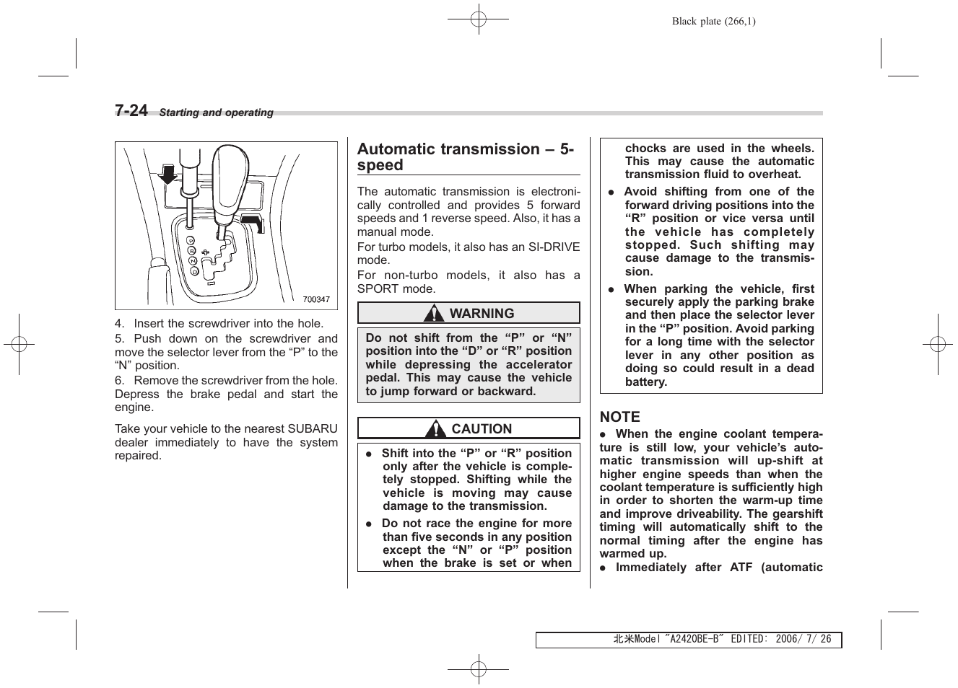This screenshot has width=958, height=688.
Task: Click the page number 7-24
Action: point(131,110)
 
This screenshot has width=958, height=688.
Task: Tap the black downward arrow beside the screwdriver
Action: point(168,174)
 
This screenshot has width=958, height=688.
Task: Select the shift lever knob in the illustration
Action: point(230,173)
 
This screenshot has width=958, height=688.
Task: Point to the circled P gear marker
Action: point(190,239)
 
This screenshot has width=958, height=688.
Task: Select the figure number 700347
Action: point(316,300)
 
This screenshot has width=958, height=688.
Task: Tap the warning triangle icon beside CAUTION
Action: point(435,429)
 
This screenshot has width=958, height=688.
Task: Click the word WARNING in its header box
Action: point(482,314)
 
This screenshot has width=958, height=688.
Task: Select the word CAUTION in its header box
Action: point(482,429)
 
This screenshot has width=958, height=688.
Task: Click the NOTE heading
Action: point(619,417)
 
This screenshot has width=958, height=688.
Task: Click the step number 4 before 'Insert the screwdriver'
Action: point(118,324)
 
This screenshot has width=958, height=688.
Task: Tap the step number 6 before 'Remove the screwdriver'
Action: point(118,381)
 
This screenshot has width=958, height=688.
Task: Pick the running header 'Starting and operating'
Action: point(216,113)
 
